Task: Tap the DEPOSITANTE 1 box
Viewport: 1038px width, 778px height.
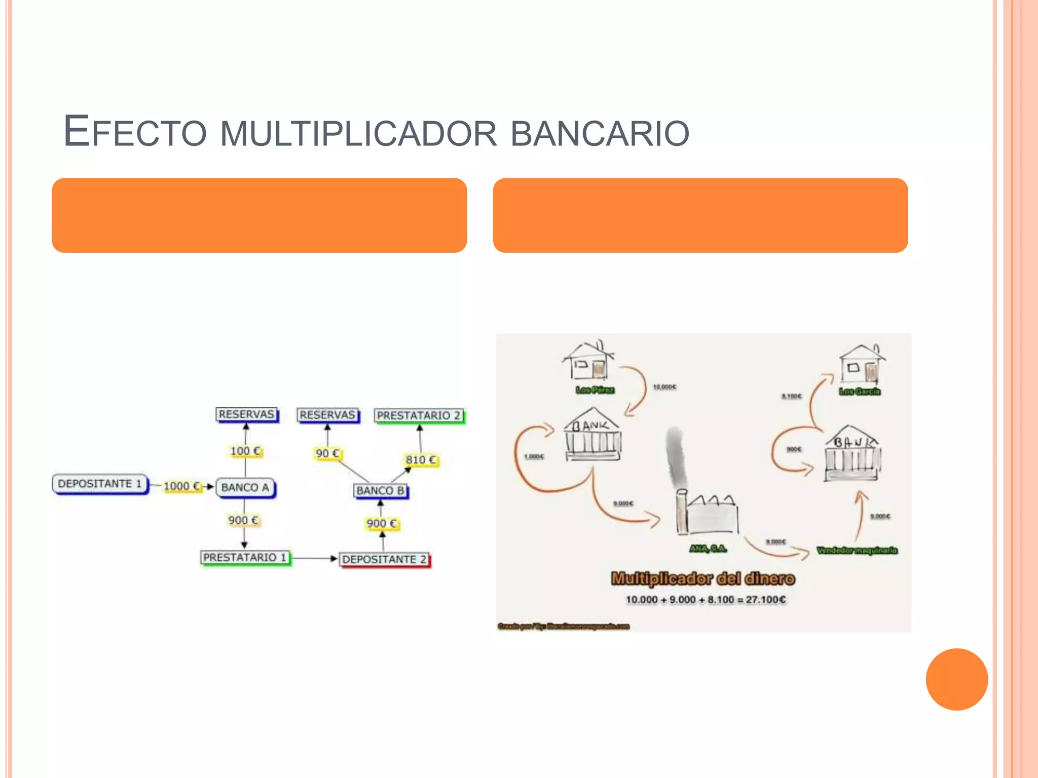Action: click(x=100, y=484)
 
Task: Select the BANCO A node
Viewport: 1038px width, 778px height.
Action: click(x=245, y=488)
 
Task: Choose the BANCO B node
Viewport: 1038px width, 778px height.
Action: click(x=380, y=491)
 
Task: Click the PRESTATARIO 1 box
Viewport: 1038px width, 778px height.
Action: click(x=245, y=558)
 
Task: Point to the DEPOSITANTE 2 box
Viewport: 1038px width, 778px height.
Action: click(x=384, y=560)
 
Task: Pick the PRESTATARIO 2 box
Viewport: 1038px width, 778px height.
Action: click(x=419, y=416)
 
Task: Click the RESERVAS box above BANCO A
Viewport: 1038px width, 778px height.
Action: click(x=246, y=414)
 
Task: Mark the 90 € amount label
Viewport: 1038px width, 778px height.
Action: click(x=327, y=453)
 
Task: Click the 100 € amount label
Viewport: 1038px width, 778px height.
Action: click(x=245, y=451)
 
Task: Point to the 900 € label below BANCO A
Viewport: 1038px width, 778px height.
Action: click(x=243, y=521)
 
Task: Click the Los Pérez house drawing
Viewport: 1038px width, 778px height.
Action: click(x=589, y=361)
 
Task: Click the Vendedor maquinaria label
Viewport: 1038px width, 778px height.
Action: click(x=857, y=550)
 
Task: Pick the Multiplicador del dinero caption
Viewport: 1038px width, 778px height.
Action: click(x=703, y=578)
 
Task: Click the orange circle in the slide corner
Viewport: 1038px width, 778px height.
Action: click(x=956, y=679)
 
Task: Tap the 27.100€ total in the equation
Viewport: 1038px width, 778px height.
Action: click(x=766, y=600)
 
